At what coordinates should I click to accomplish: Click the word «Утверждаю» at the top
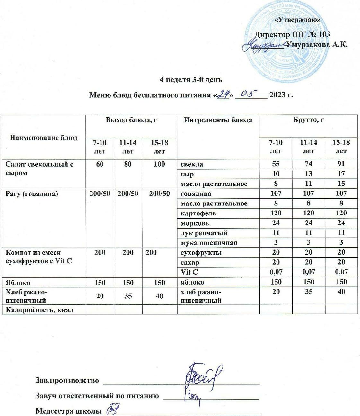(298, 20)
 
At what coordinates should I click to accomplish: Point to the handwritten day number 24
(223, 94)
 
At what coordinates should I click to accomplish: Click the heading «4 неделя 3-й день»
(191, 80)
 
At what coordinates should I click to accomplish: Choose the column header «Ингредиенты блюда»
(218, 120)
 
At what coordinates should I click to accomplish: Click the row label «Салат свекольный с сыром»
(40, 168)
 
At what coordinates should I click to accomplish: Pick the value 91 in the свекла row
(341, 164)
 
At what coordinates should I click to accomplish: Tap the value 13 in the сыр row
(308, 174)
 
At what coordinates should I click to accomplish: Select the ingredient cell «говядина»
(196, 194)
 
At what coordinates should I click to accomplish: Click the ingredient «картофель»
(198, 213)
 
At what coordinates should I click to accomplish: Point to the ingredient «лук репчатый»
(204, 233)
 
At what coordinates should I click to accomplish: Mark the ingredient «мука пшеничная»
(209, 243)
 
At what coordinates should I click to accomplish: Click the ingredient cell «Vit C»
(189, 272)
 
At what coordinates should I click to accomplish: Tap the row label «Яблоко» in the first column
(18, 283)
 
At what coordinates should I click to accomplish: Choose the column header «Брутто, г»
(308, 120)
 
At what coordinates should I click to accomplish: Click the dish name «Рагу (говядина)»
(32, 194)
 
